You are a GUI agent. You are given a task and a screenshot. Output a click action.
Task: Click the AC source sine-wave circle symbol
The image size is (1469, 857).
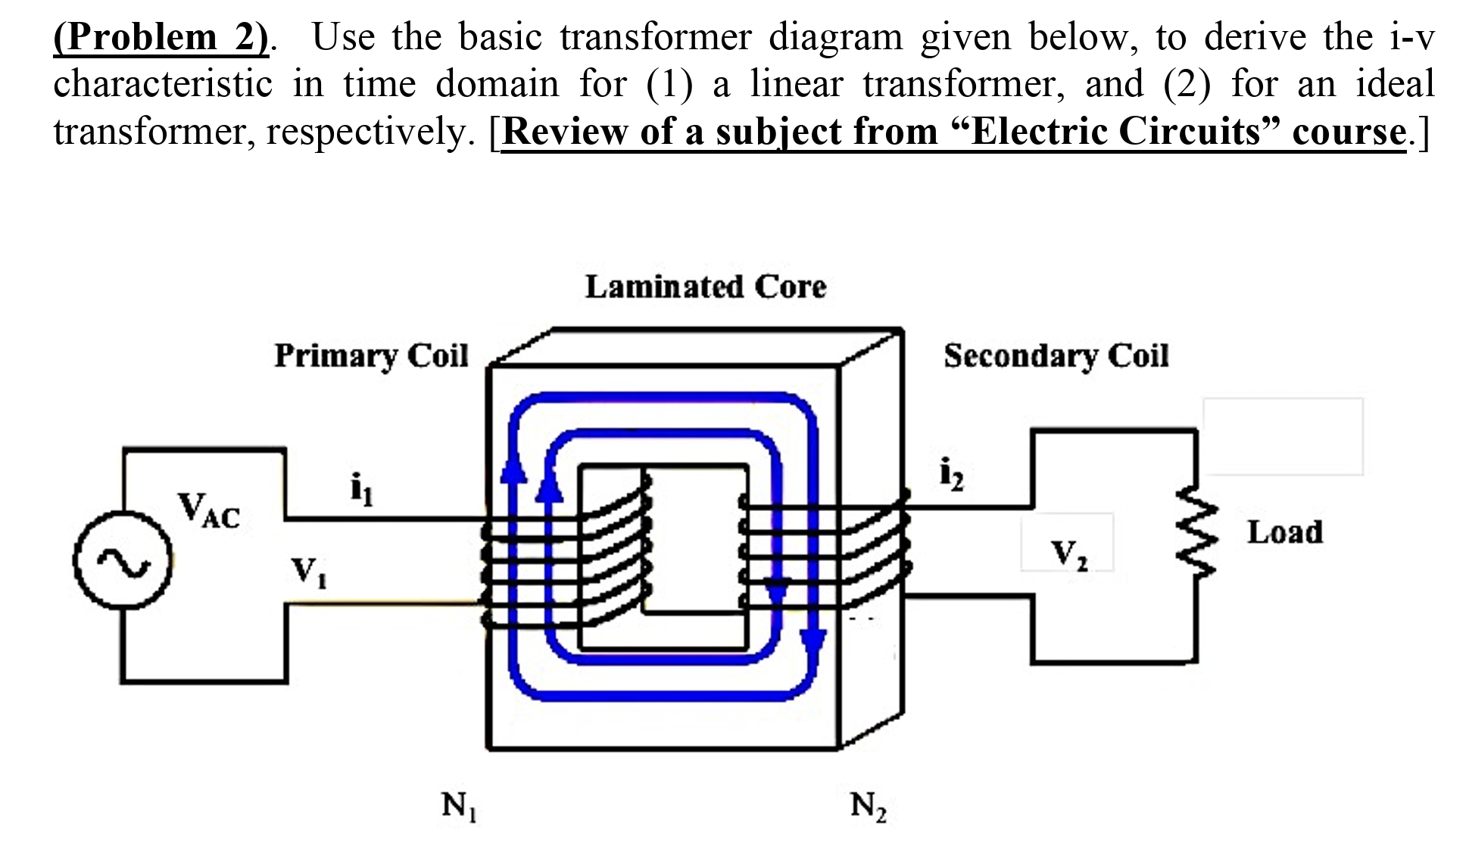pyautogui.click(x=123, y=560)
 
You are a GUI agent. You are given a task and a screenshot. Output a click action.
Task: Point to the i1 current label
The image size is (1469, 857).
pyautogui.click(x=361, y=489)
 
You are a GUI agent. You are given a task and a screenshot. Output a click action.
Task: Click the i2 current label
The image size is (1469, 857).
pyautogui.click(x=951, y=475)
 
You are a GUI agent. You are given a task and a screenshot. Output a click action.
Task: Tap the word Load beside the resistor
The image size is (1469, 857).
pyautogui.click(x=1284, y=532)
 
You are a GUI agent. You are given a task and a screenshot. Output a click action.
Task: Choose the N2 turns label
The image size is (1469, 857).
pyautogui.click(x=868, y=806)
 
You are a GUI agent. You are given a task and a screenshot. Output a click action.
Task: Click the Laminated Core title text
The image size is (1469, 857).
pyautogui.click(x=705, y=287)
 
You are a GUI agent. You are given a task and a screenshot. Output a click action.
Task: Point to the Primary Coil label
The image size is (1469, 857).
pyautogui.click(x=371, y=355)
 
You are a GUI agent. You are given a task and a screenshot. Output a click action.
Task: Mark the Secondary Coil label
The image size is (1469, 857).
pyautogui.click(x=1056, y=355)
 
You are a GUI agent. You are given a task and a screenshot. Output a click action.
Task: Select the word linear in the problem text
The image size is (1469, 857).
pyautogui.click(x=796, y=83)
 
